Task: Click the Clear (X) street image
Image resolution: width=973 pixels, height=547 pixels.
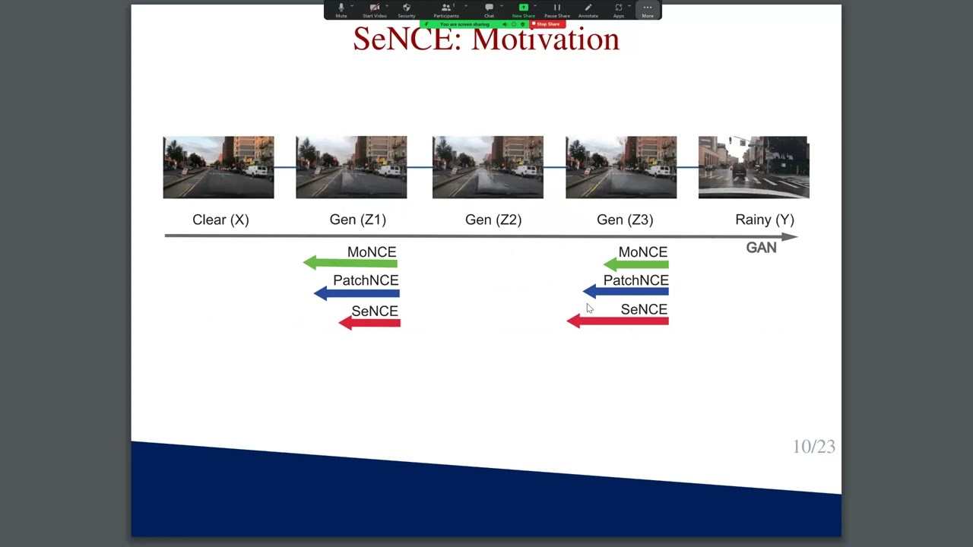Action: (218, 167)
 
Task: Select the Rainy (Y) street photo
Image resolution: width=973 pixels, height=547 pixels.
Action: (753, 167)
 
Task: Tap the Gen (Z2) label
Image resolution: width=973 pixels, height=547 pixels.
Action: (493, 220)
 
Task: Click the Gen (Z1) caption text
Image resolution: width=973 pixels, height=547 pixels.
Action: (357, 220)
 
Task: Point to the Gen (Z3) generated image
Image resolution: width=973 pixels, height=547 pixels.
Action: (620, 167)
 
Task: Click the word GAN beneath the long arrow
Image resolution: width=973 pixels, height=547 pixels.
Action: (761, 248)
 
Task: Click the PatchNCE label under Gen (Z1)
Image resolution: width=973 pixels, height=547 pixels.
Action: (365, 280)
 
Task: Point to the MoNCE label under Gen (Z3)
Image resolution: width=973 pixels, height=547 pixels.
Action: (642, 252)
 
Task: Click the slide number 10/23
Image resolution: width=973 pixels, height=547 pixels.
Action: (813, 447)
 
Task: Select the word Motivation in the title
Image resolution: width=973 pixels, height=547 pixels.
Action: (545, 40)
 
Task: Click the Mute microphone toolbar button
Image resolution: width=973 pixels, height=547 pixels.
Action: (341, 9)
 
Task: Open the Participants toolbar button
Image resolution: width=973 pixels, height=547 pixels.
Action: (446, 9)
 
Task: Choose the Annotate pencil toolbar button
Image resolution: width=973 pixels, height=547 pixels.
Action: (588, 9)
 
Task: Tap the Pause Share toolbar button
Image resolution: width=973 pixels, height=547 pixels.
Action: (556, 9)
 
